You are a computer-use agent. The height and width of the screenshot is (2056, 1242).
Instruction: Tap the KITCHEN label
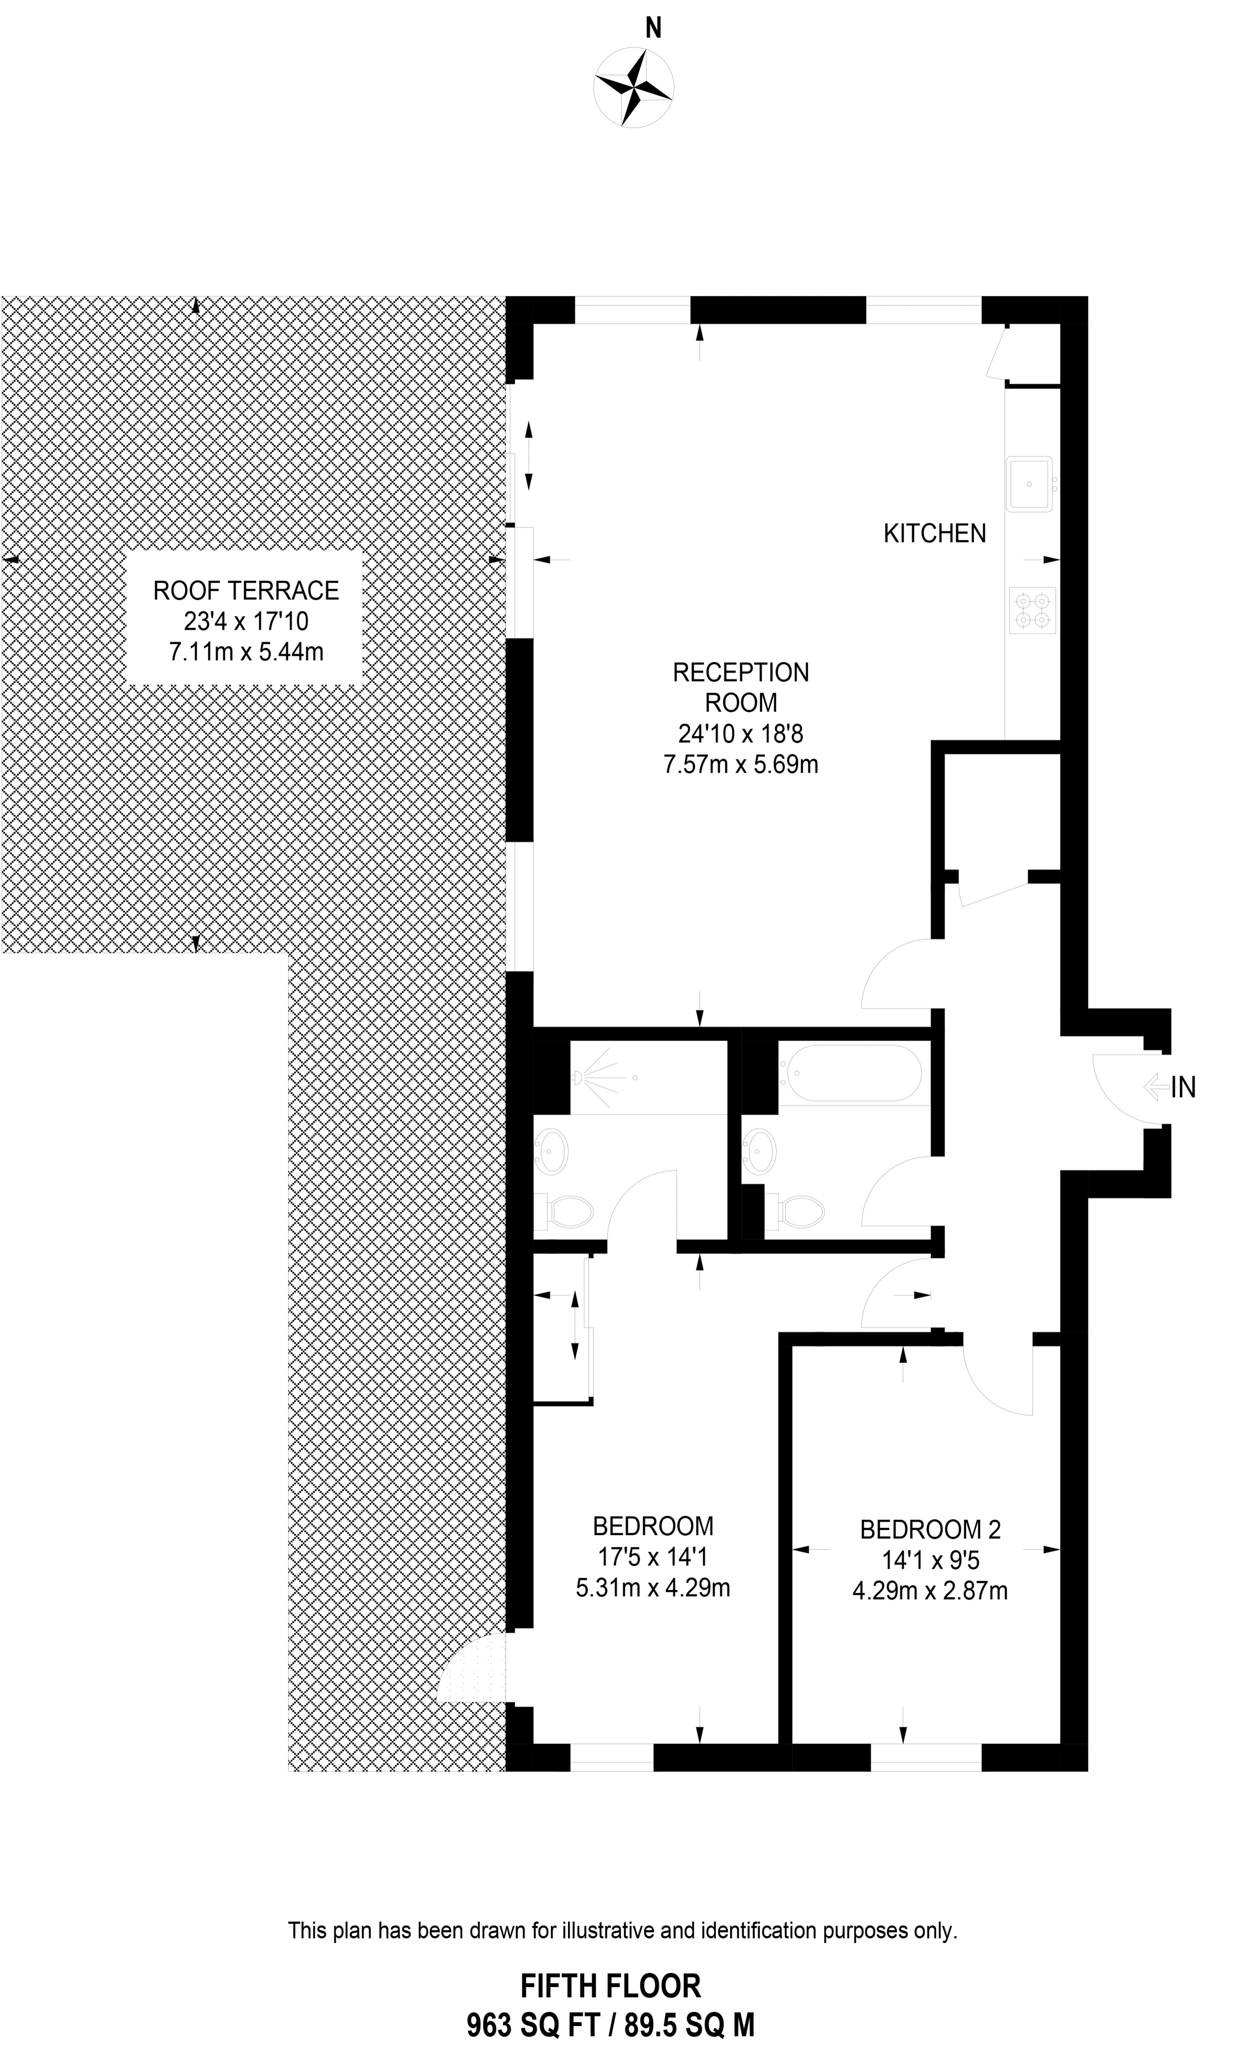pos(934,533)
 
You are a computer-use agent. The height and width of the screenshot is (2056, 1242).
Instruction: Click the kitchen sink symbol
pos(1030,482)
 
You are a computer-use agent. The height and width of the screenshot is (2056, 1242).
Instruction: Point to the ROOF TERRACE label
pos(246,591)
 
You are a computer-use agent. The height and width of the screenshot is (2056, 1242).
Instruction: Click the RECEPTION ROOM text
pos(741,687)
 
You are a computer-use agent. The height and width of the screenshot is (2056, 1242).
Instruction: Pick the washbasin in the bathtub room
pos(760,1152)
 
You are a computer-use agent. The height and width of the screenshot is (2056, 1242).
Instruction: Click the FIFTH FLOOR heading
pos(611,1986)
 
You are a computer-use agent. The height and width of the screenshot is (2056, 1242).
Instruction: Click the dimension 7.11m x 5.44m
pos(246,651)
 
